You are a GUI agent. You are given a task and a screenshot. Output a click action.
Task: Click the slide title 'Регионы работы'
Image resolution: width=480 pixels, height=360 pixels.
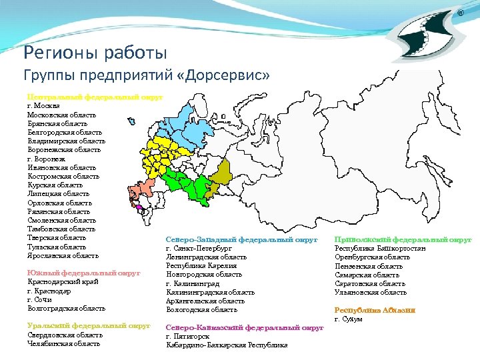coord(95,52)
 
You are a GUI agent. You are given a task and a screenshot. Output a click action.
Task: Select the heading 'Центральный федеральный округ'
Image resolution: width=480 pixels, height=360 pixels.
coord(94,97)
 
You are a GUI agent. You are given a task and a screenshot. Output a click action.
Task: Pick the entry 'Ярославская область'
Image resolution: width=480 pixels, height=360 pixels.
coord(63,255)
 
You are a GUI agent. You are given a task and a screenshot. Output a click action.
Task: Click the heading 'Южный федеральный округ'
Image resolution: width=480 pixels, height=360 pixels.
coord(83,273)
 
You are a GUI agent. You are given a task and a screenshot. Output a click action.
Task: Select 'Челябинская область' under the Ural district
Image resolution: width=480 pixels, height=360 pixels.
coord(64,343)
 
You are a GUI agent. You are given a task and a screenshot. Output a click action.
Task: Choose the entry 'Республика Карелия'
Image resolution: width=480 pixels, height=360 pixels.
coord(201,265)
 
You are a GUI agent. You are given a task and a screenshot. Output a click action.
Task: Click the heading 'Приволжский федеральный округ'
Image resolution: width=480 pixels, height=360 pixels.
coord(402,239)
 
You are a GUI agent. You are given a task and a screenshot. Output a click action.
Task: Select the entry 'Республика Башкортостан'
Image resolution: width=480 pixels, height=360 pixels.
coord(379,248)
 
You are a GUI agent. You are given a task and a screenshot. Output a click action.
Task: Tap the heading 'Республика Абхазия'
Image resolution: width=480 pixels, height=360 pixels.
coord(375,310)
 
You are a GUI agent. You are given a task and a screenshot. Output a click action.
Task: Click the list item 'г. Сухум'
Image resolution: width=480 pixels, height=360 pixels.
coord(348,319)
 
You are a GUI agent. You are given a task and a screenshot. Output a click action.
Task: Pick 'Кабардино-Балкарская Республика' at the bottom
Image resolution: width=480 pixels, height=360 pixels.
coord(227,345)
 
